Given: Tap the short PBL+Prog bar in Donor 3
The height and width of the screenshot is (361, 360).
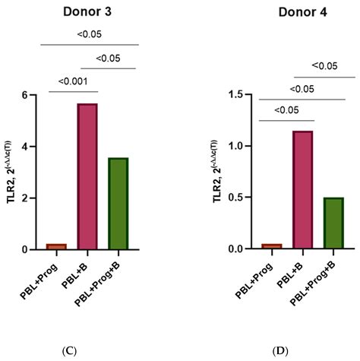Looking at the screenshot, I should (x=55, y=246).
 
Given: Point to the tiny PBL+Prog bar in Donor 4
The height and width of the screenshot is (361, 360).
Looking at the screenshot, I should (x=272, y=246).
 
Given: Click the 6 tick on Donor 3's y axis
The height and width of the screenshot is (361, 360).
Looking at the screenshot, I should (x=33, y=95).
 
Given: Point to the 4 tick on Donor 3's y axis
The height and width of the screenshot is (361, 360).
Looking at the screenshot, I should (x=33, y=147).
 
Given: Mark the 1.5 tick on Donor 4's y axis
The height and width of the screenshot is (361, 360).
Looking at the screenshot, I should (x=245, y=95).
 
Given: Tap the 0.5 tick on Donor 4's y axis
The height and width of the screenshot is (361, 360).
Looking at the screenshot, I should (x=245, y=198).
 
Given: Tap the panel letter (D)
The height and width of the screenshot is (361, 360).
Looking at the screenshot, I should (x=297, y=351).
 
